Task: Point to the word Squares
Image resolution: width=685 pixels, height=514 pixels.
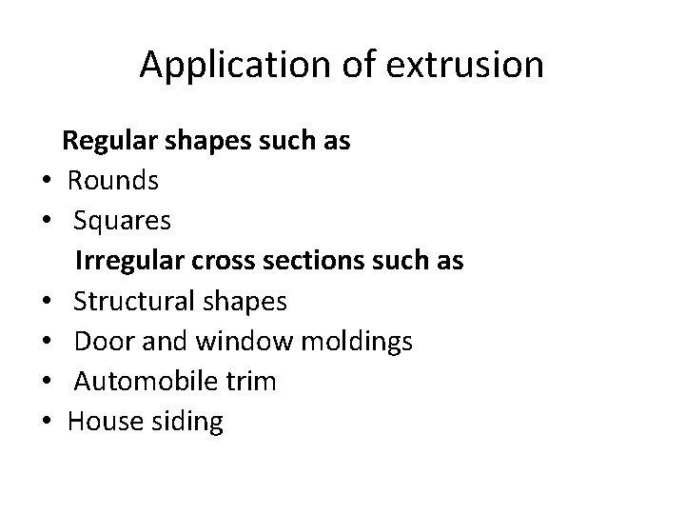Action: (123, 221)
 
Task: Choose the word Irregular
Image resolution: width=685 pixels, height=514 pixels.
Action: (125, 260)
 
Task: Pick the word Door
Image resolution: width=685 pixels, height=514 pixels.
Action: (99, 341)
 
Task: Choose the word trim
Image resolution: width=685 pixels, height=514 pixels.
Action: (252, 382)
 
